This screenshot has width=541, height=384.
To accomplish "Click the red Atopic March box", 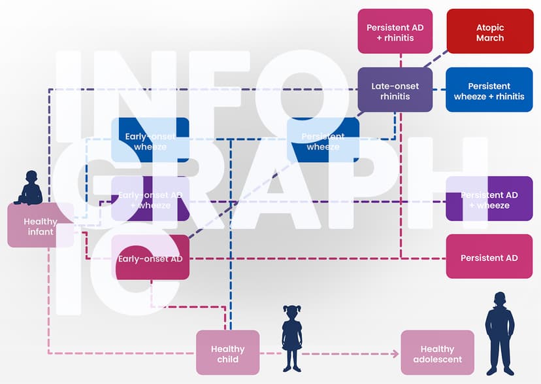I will (x=489, y=31).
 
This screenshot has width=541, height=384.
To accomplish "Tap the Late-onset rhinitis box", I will (x=395, y=90).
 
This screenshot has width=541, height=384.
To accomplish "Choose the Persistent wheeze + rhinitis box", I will (x=489, y=90).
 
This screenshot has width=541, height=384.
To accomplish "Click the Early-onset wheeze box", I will (x=150, y=140).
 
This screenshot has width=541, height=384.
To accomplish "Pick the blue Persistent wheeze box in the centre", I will (x=323, y=140).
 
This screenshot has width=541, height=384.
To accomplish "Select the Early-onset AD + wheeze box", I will (x=150, y=199).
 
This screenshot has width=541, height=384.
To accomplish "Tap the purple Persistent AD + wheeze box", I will (x=489, y=199).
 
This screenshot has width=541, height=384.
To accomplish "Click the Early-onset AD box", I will (x=150, y=257).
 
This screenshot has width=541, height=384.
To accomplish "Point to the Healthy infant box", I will (x=40, y=226).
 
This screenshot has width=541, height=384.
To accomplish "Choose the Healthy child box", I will (x=227, y=353).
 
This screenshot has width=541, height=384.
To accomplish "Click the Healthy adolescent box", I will (x=437, y=353).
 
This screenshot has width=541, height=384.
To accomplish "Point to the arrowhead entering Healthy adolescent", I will (x=395, y=354).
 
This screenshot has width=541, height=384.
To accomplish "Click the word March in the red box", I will (x=489, y=38).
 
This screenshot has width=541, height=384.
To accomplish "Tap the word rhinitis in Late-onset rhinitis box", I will (x=395, y=97).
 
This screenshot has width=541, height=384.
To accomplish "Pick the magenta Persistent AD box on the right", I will (x=489, y=257).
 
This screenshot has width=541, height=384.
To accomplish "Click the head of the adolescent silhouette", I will (x=500, y=299).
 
